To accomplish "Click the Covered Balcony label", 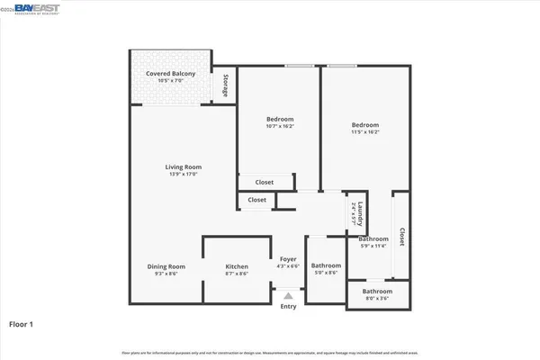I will click(171, 74).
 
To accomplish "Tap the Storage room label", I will click(224, 85).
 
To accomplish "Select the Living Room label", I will click(183, 166).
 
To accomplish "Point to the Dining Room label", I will click(166, 265).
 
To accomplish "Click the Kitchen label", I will click(237, 265).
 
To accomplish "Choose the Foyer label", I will click(288, 259).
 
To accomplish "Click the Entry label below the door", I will click(288, 307).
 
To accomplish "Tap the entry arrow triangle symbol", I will click(288, 294).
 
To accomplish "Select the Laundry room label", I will click(359, 212).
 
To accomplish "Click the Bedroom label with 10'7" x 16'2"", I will click(280, 120).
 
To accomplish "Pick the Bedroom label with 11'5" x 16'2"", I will click(365, 125).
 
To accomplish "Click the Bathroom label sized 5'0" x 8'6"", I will click(326, 265).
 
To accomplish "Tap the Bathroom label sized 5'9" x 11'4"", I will click(373, 239).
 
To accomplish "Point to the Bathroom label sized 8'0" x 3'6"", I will click(377, 291).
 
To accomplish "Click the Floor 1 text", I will click(22, 322).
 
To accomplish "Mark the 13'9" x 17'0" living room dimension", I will click(183, 174).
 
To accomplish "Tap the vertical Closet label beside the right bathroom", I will click(401, 236).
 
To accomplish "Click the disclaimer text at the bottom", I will click(270, 352).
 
